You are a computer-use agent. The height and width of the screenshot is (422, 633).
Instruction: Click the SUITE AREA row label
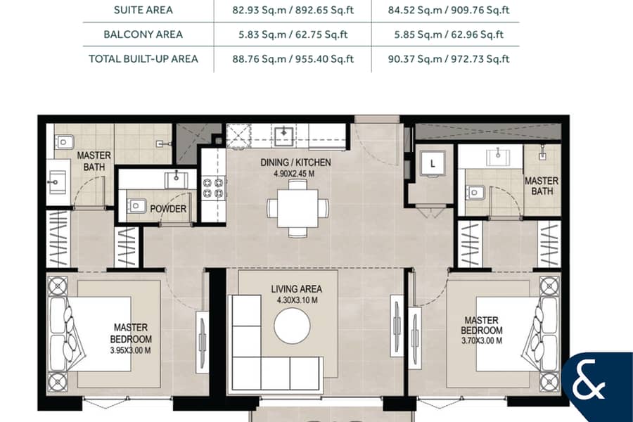143,10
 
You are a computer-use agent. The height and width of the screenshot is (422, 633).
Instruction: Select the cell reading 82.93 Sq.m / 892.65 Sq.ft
293,10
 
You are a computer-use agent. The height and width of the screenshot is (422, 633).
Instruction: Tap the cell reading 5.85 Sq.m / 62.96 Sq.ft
449,34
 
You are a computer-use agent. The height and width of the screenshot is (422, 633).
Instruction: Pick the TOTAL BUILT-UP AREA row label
143,59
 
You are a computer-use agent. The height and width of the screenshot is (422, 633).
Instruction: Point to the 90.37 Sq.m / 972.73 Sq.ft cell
449,59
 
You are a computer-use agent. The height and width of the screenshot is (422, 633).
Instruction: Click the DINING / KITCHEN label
295,162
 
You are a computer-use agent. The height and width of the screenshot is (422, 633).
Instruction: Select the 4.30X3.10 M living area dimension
297,300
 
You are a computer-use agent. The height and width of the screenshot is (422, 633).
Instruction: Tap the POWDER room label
168,209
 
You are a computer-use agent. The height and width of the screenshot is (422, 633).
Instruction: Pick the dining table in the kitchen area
297,208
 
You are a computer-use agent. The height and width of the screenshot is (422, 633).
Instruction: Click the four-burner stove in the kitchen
213,187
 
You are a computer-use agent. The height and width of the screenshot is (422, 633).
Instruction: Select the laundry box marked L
433,164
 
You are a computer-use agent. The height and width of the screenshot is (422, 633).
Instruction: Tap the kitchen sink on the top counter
284,136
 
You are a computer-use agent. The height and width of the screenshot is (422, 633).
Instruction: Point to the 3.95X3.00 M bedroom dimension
130,350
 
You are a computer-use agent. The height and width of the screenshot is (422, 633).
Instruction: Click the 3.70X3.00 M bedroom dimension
482,341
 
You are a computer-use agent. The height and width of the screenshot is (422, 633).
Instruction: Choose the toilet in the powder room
136,206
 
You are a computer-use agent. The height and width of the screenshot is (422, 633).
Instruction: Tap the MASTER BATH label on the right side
542,186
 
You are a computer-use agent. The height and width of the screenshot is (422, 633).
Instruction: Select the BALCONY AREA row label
143,34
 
